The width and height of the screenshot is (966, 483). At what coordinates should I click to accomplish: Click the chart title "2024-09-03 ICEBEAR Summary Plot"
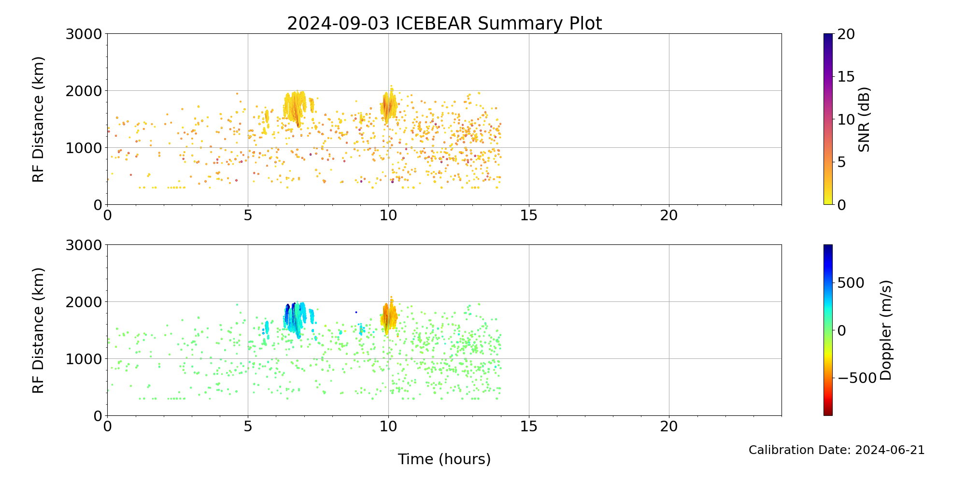coord(444,23)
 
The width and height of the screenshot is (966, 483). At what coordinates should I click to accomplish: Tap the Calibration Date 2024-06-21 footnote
coord(836,450)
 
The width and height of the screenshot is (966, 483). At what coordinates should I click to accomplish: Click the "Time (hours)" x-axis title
coord(444,459)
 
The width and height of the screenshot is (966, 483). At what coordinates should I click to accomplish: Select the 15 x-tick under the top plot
coord(529,215)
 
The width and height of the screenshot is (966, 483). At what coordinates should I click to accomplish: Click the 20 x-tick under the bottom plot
coord(669,426)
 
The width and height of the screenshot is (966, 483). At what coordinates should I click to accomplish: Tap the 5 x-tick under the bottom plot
coord(248,426)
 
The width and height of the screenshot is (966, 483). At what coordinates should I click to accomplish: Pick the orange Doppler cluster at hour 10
coord(387,316)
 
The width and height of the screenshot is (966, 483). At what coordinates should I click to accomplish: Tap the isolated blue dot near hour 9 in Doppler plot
coord(356,312)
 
